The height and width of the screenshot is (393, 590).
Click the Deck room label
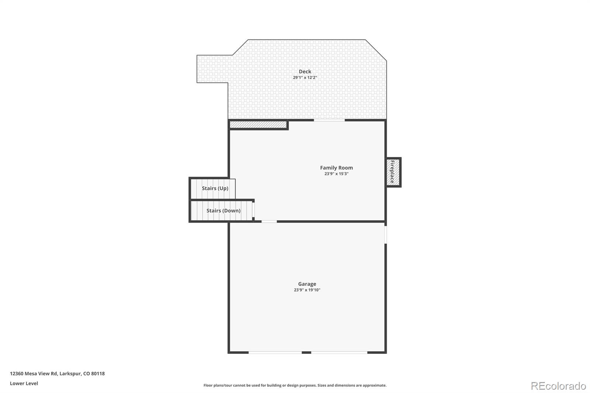pos(305,72)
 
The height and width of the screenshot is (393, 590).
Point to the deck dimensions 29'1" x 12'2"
pos(305,78)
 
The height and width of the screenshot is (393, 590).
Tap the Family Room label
pos(336,168)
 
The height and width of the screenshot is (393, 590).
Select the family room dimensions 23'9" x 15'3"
pos(336,174)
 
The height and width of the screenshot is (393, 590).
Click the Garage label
pos(307,284)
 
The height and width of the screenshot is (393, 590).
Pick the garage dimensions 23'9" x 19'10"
pos(307,290)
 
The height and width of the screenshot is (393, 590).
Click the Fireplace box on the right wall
pos(393,172)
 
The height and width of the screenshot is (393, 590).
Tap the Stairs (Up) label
pos(215,188)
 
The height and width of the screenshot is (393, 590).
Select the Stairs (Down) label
pos(223,211)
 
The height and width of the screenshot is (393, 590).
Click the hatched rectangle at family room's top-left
pos(258,125)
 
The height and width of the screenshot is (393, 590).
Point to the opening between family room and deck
pos(329,120)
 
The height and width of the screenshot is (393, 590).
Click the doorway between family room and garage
pos(269,222)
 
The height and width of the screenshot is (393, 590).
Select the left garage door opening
pos(275,353)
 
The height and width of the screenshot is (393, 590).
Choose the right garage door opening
pos(339,353)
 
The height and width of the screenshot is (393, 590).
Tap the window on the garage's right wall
pos(386,234)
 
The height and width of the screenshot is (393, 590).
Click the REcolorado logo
pos(558,386)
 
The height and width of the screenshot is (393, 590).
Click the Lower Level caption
pos(24,383)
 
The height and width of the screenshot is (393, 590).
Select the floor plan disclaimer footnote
pos(295,385)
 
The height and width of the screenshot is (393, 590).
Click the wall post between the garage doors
pos(306,353)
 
